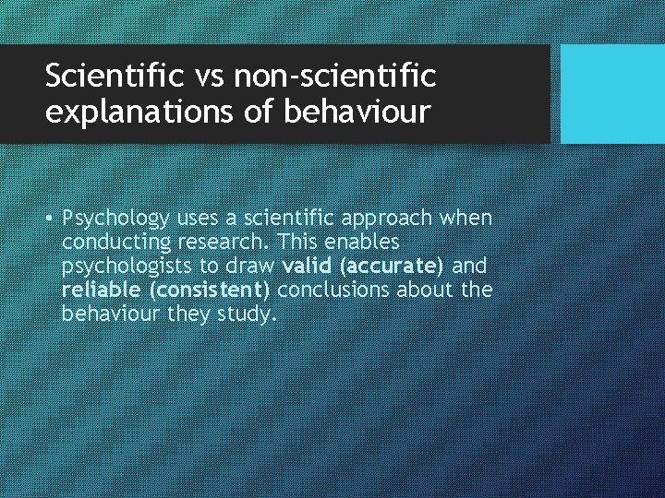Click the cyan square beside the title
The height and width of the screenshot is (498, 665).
coord(612,94)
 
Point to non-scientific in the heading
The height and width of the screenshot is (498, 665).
coord(335,75)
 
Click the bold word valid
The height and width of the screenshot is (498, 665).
coord(308,267)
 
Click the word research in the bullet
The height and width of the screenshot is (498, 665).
coord(216,243)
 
